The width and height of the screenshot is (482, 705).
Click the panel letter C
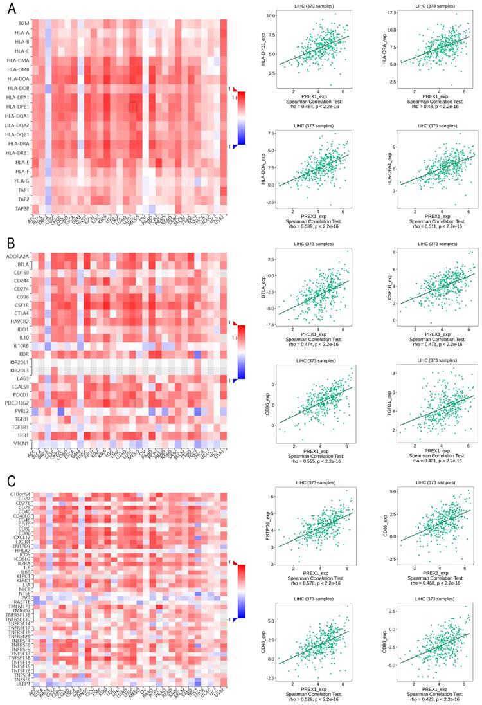pyautogui.click(x=12, y=481)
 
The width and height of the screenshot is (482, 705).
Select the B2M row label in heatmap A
pyautogui.click(x=23, y=23)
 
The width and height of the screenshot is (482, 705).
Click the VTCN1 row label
pyautogui.click(x=20, y=444)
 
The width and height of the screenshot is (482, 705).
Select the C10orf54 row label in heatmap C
pyautogui.click(x=20, y=494)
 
